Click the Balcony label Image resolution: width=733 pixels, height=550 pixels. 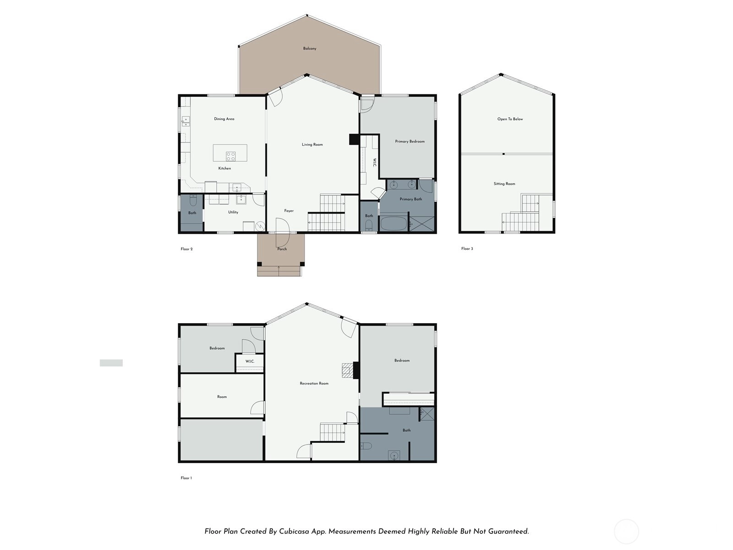310,49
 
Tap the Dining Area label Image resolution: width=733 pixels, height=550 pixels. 224,119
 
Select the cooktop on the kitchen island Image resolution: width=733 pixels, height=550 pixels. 230,156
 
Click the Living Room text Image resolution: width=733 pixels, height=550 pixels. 312,144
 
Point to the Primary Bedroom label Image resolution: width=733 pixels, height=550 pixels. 410,142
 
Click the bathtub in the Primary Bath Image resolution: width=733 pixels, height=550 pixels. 394,223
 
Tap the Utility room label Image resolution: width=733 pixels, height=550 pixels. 233,212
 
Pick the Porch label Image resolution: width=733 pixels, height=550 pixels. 282,249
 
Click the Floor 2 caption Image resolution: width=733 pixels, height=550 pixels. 186,249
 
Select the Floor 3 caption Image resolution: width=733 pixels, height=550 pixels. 467,249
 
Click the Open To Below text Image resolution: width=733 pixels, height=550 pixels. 510,119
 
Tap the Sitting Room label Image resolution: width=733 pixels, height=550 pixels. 504,184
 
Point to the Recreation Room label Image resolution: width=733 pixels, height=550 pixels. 314,384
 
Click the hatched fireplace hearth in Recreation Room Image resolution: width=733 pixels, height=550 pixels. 347,370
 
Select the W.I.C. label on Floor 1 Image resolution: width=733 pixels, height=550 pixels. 250,361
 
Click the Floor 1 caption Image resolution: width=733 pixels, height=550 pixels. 186,478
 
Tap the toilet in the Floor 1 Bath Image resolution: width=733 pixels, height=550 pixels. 366,446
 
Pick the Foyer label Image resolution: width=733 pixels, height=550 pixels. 289,211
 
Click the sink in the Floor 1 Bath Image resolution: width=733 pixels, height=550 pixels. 394,456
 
